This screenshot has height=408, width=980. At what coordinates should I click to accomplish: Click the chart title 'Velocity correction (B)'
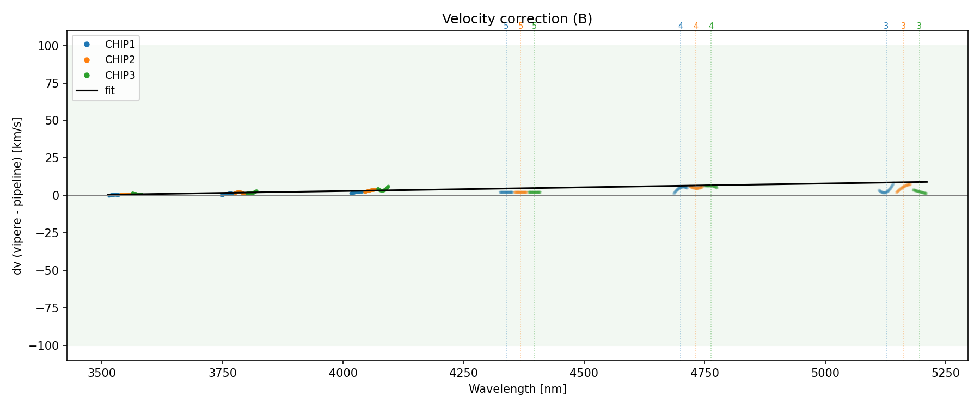click(x=517, y=19)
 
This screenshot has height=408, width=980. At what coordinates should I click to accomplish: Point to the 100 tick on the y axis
click(x=52, y=46)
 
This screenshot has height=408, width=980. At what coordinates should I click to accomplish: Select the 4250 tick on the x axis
click(x=463, y=373)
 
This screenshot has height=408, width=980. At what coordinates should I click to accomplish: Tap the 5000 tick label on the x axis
click(x=825, y=373)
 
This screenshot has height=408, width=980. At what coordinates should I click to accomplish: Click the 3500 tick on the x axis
click(x=102, y=373)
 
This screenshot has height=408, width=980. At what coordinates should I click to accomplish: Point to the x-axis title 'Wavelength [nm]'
click(x=517, y=390)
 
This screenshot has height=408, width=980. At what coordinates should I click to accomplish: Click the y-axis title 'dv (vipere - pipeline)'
click(x=17, y=196)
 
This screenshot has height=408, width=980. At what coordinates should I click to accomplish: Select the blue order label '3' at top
click(x=886, y=26)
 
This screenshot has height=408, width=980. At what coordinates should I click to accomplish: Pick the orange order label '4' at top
click(x=696, y=26)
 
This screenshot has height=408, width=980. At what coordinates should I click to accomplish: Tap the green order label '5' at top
click(x=534, y=26)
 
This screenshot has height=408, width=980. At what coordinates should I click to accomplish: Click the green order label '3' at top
click(x=920, y=26)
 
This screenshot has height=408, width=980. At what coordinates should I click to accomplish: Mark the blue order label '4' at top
click(x=681, y=26)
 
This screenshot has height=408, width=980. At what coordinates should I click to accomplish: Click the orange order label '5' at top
click(x=520, y=26)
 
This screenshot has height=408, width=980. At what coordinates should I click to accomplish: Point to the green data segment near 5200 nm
click(x=920, y=191)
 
